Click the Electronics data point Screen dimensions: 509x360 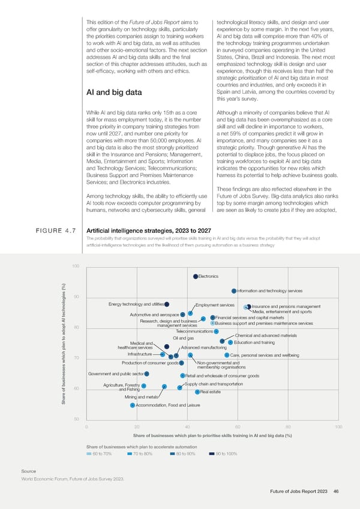pos(196,276)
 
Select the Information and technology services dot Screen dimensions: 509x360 pos(234,291)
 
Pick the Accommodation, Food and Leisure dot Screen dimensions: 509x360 pos(133,405)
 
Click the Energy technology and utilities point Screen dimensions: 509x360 pos(167,304)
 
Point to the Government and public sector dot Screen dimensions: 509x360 pos(146,374)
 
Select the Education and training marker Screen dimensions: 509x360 pos(230,343)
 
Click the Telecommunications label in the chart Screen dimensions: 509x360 pos(194,332)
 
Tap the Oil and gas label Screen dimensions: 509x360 pos(183,339)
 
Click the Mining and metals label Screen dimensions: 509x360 pos(141,397)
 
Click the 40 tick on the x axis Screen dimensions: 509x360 pos(188,426)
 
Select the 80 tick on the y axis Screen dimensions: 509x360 pos(76,328)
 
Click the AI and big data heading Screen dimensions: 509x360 pos(114,92)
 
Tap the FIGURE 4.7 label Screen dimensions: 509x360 pos(48,247)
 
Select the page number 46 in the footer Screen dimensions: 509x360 pos(336,492)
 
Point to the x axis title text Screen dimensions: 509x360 pos(212,436)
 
